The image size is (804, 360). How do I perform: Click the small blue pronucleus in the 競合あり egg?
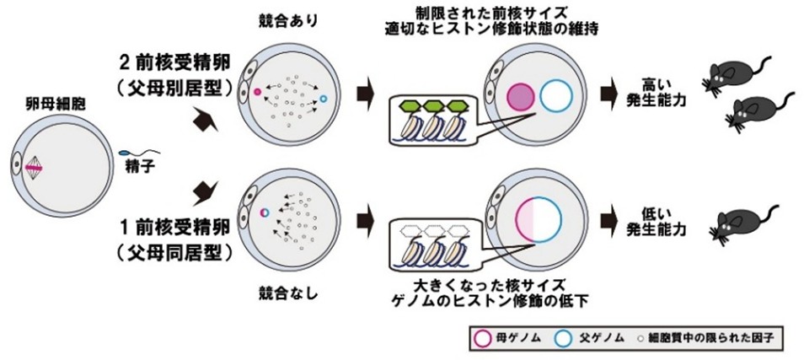323,99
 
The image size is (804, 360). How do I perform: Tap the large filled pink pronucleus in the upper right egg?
520,97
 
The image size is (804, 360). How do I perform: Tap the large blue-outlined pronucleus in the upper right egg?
555,97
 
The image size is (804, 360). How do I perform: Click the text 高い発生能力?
654,94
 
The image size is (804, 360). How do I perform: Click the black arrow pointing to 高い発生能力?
608,92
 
